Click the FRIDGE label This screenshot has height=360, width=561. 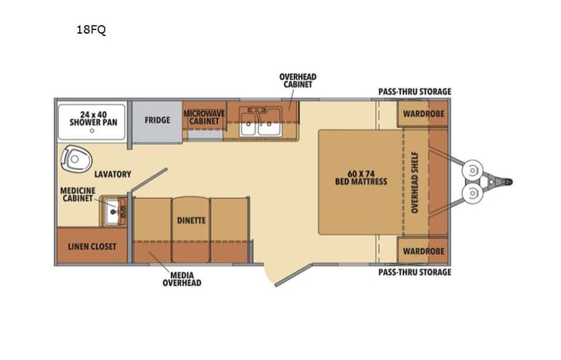tap(157, 120)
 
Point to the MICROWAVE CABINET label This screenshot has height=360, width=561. tap(204, 117)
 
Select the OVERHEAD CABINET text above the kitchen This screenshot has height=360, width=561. tap(298, 81)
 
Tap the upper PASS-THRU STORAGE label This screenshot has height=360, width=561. tap(414, 91)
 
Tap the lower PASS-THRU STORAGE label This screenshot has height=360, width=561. tap(414, 272)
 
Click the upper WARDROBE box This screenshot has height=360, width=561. tap(421, 114)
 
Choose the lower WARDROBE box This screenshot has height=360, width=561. tap(421, 250)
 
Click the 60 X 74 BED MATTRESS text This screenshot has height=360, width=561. tap(361, 177)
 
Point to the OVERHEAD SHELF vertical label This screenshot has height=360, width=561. tap(415, 182)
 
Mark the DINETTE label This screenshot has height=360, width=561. tap(191, 220)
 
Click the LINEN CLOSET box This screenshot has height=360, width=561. tap(87, 246)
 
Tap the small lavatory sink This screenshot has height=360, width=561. tap(116, 209)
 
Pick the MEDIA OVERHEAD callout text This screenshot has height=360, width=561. tap(181, 279)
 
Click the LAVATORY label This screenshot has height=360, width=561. tap(112, 174)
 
